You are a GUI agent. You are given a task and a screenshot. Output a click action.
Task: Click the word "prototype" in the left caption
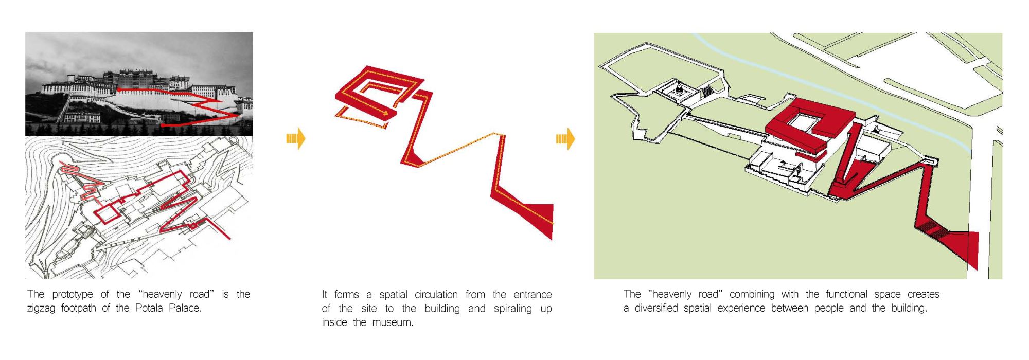click(73, 295)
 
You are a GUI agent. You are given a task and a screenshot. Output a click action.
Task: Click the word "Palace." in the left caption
click(185, 308)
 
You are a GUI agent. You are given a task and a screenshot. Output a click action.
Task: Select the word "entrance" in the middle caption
click(533, 295)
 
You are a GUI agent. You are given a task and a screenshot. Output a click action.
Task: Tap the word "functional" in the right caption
click(847, 294)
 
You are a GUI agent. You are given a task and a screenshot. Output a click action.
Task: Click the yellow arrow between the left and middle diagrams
click(296, 138)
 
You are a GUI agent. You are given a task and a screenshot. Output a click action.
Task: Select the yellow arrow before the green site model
click(565, 138)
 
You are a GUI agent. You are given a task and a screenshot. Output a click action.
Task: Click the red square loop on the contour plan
click(106, 213)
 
